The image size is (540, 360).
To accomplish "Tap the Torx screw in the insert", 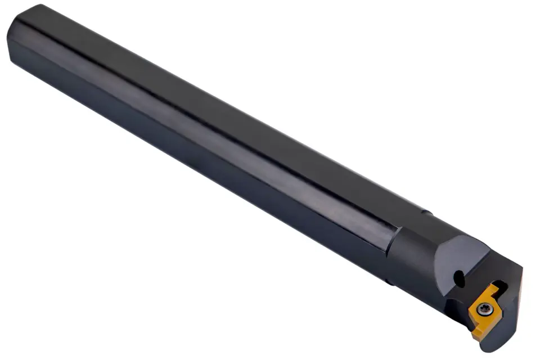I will point(483,309).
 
